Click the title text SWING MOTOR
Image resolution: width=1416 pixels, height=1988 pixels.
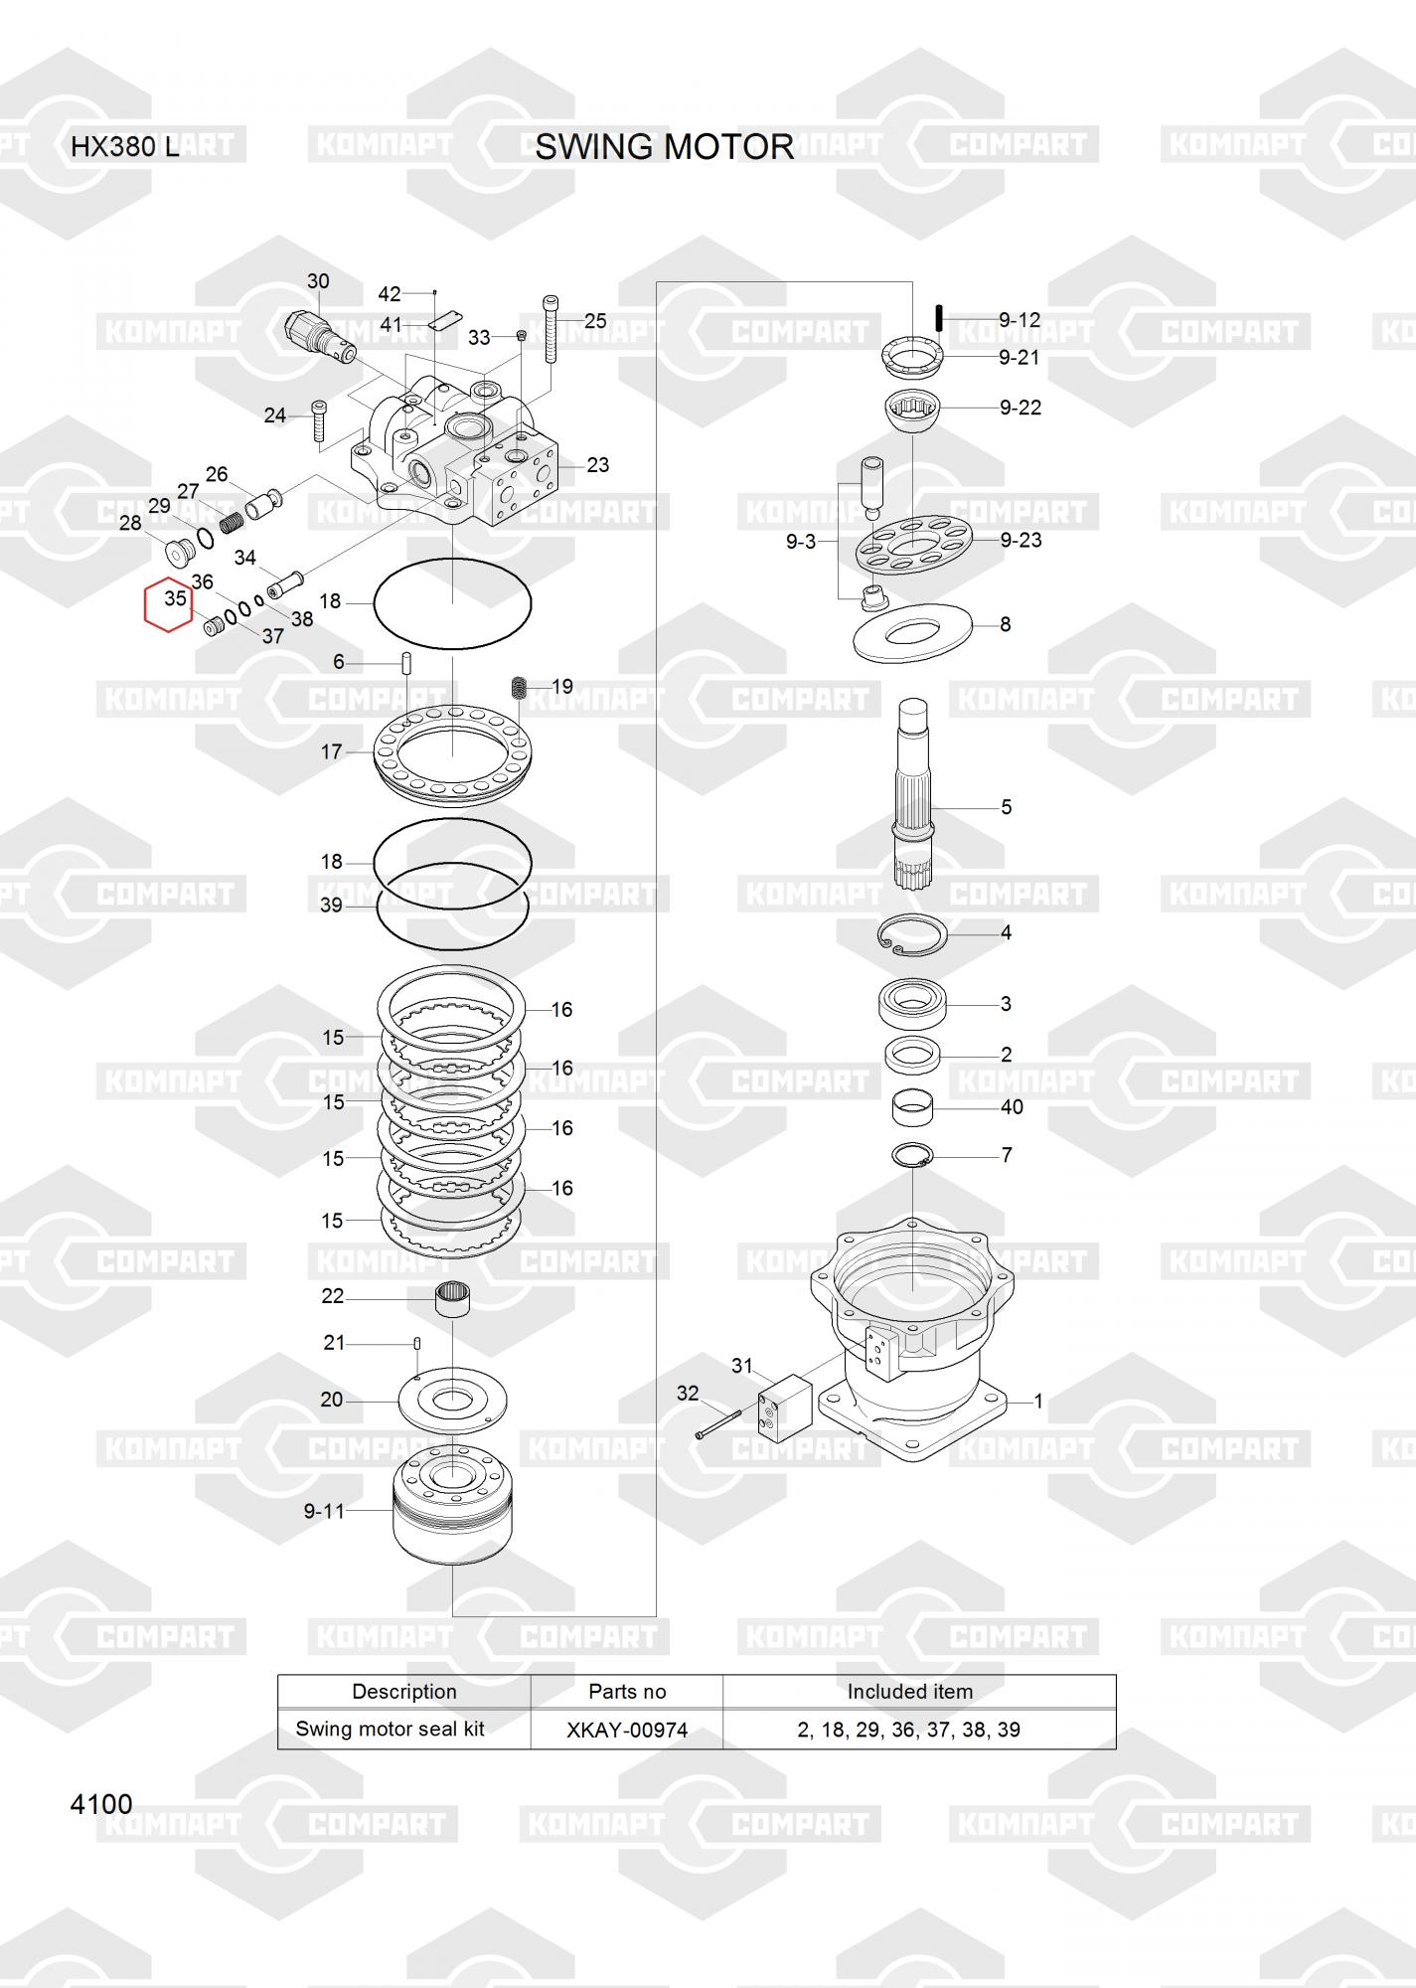(x=664, y=147)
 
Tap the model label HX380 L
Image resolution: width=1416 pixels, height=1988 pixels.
(x=125, y=147)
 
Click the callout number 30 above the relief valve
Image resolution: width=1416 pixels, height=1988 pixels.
(x=318, y=281)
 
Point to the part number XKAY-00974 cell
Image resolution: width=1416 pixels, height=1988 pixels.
(x=627, y=1730)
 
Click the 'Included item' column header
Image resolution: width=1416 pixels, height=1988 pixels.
(x=910, y=1692)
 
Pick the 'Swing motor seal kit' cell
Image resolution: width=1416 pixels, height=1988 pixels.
(x=390, y=1729)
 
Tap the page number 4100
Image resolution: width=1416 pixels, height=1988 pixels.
(x=101, y=1804)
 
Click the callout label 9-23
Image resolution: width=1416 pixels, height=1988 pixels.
(x=1021, y=540)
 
